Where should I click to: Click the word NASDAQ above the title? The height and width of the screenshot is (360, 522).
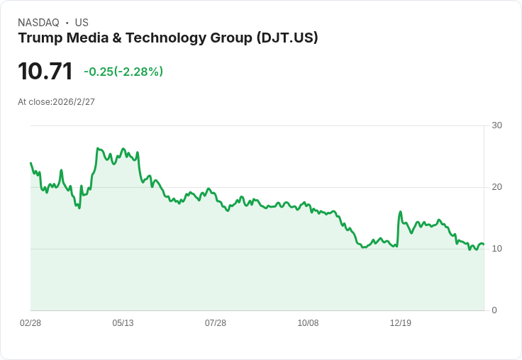click(x=38, y=23)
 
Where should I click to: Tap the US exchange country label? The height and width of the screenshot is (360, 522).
click(x=82, y=23)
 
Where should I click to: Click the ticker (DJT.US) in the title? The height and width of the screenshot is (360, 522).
click(x=287, y=38)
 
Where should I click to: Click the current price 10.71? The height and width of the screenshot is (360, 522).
click(x=45, y=71)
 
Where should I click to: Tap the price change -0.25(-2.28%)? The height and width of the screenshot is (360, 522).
click(x=123, y=72)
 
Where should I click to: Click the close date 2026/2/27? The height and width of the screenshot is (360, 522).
click(x=74, y=102)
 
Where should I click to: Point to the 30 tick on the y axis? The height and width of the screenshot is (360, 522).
click(x=496, y=125)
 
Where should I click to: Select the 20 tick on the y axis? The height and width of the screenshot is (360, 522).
click(x=496, y=187)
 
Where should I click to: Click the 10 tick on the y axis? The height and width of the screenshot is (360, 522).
click(x=496, y=249)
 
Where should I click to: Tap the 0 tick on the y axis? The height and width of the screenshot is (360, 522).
click(x=494, y=310)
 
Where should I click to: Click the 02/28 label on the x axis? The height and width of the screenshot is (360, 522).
click(x=30, y=323)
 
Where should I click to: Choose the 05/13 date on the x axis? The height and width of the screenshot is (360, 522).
click(x=123, y=323)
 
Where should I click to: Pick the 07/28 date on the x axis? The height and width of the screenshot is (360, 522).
click(x=216, y=323)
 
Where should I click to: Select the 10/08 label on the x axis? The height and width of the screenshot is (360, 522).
click(x=308, y=323)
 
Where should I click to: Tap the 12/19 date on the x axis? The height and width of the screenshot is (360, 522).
click(x=401, y=323)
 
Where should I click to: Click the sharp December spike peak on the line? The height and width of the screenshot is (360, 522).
click(x=401, y=212)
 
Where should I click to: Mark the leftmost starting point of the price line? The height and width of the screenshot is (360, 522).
click(x=30, y=163)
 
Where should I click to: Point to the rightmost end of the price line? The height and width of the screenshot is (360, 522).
click(x=484, y=244)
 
